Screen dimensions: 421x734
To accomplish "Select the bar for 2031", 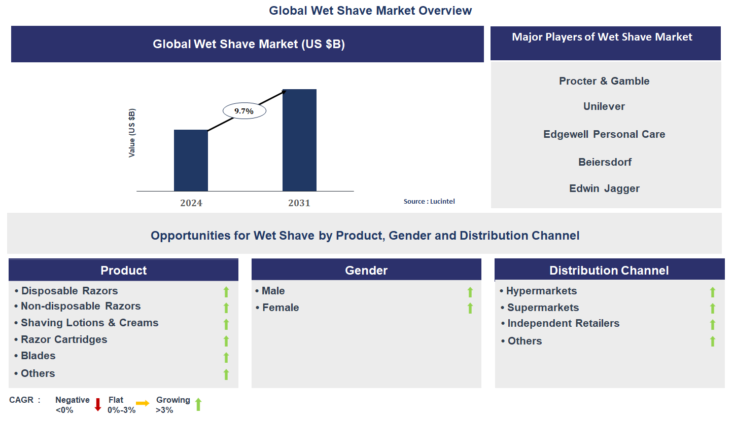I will pos(299,140).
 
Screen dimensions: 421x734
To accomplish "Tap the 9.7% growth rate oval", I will pos(244,111).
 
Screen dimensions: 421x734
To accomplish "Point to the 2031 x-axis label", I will pos(299,203).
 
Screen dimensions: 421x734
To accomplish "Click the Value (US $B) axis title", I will pos(132,133).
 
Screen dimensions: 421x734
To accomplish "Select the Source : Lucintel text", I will pos(429,202).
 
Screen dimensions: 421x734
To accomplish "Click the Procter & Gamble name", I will pos(604,81).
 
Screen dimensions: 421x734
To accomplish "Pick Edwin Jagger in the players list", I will pos(604,188).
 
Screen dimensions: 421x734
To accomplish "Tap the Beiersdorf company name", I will pos(605,162).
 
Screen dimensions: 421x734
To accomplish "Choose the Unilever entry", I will pos(604,106).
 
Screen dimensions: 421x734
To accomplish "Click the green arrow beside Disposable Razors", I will pos(226,292).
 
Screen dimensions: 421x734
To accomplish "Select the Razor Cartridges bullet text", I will pos(64,339).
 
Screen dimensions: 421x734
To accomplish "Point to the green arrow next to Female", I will pos(470,308).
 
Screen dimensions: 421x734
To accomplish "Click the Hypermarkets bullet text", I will pos(542,291).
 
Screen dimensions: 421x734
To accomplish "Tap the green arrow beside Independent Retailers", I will pos(712,325).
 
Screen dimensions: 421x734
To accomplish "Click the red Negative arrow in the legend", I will pos(98,404).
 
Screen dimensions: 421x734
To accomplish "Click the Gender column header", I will pos(366,271).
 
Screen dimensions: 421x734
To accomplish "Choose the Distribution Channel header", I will pos(609,271).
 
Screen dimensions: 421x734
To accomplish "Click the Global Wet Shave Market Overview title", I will pos(370,11).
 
